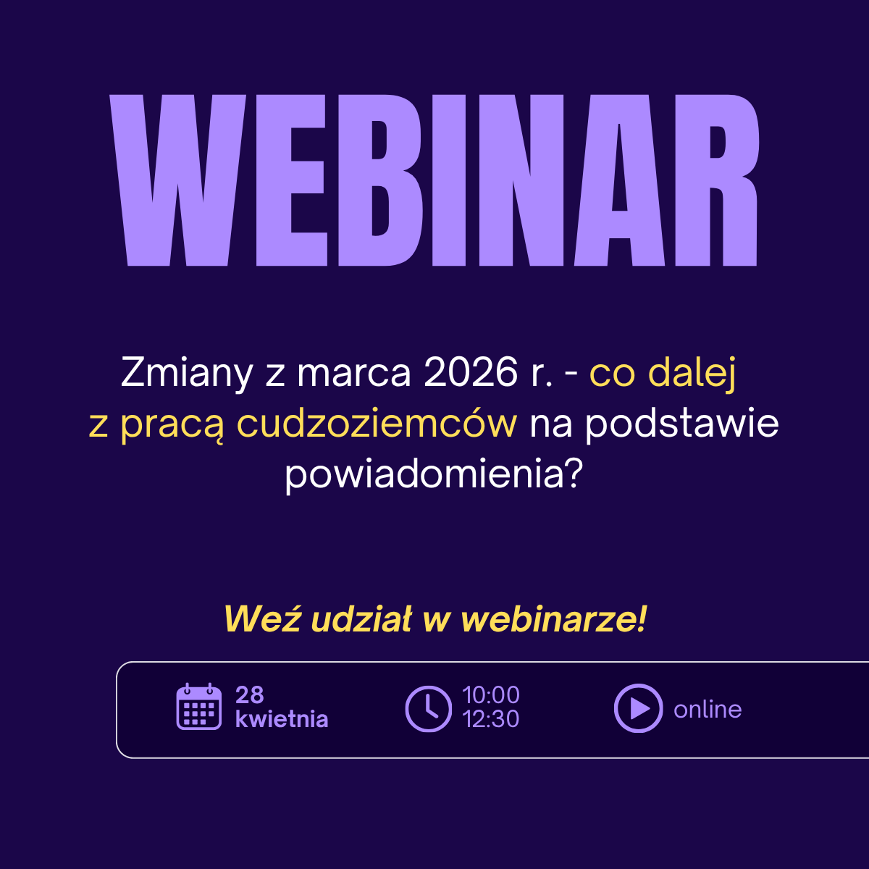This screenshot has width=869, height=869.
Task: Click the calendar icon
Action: [x=199, y=706]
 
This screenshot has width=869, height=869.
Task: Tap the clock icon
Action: [x=429, y=709]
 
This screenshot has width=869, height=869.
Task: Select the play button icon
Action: [x=639, y=708]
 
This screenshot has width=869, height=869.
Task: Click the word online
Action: [x=708, y=710]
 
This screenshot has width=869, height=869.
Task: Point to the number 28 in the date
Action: [x=249, y=695]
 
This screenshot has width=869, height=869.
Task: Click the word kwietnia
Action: [x=282, y=719]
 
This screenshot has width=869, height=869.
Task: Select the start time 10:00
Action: [x=491, y=695]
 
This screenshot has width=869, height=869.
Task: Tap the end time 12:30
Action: [x=491, y=719]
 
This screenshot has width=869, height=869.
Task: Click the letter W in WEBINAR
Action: [x=177, y=180]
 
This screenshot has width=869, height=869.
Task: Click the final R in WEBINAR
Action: [x=717, y=180]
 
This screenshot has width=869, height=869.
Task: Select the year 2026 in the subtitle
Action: [x=471, y=372]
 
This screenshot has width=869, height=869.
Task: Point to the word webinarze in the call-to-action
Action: [x=554, y=618]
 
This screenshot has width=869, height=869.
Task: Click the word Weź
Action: [x=262, y=618]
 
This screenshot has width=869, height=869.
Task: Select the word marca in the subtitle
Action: [x=354, y=374]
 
